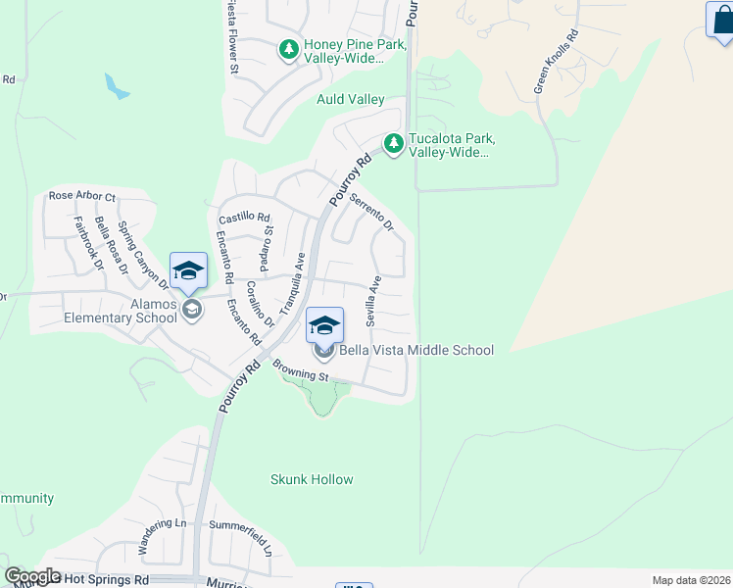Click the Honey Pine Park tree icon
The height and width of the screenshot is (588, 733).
point(289,49)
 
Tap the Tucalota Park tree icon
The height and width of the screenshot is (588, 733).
point(394,144)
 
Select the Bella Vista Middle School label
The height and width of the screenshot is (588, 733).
point(415,350)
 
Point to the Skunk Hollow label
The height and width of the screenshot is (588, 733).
point(311,479)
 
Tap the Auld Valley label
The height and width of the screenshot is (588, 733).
point(350,100)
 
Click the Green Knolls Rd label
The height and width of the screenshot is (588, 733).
point(556,61)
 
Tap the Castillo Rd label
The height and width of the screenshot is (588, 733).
point(244,217)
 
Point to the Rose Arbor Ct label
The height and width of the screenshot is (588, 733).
point(81,197)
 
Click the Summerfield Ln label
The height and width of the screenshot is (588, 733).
point(239,535)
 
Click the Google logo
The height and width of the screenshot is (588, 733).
point(33,576)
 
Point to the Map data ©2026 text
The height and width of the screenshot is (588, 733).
point(691,580)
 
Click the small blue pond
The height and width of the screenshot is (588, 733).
point(117,86)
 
